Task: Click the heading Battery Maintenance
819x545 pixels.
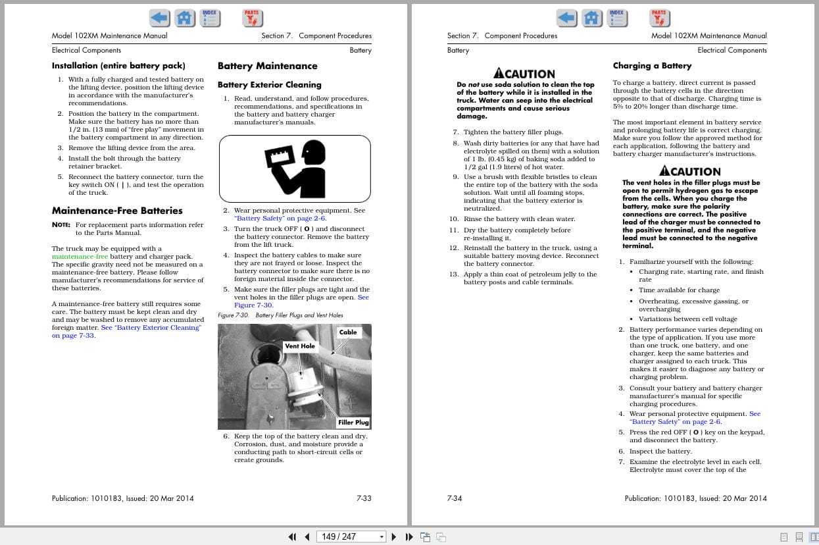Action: tap(267, 66)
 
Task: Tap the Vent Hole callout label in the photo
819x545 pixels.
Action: tap(299, 346)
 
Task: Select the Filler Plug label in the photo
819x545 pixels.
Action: tap(353, 423)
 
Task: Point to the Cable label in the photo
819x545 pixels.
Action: tap(348, 332)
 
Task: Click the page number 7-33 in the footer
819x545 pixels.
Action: tap(364, 498)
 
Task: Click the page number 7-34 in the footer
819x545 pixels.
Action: tap(455, 498)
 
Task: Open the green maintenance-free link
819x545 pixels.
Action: tap(80, 257)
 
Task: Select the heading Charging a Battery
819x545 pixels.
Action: tap(652, 66)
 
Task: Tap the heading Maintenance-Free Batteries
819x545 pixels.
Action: tap(117, 211)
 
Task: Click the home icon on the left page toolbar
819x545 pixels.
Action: tap(185, 18)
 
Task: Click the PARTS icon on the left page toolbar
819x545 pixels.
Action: tap(252, 18)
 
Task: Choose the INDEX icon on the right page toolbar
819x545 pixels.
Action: tap(616, 18)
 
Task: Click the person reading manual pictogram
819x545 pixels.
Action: tap(294, 169)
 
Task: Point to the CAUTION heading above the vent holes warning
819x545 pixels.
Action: tap(690, 171)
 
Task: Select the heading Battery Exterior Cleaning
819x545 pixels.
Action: tap(269, 85)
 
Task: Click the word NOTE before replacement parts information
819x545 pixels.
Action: tap(61, 225)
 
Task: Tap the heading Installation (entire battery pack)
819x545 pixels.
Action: tap(118, 66)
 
